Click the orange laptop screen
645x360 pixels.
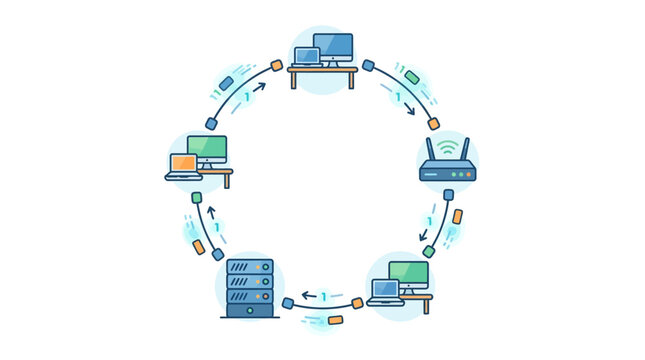183,163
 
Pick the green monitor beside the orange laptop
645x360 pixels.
207,149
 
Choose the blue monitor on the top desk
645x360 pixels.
333,46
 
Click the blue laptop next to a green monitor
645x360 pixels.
384,291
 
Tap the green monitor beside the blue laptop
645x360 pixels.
408,273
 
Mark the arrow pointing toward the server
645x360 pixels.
309,296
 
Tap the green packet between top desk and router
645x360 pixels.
412,77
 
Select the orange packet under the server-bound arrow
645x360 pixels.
336,320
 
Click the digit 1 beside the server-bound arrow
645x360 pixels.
324,296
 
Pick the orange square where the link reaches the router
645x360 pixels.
433,125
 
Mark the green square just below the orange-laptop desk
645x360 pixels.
196,197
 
